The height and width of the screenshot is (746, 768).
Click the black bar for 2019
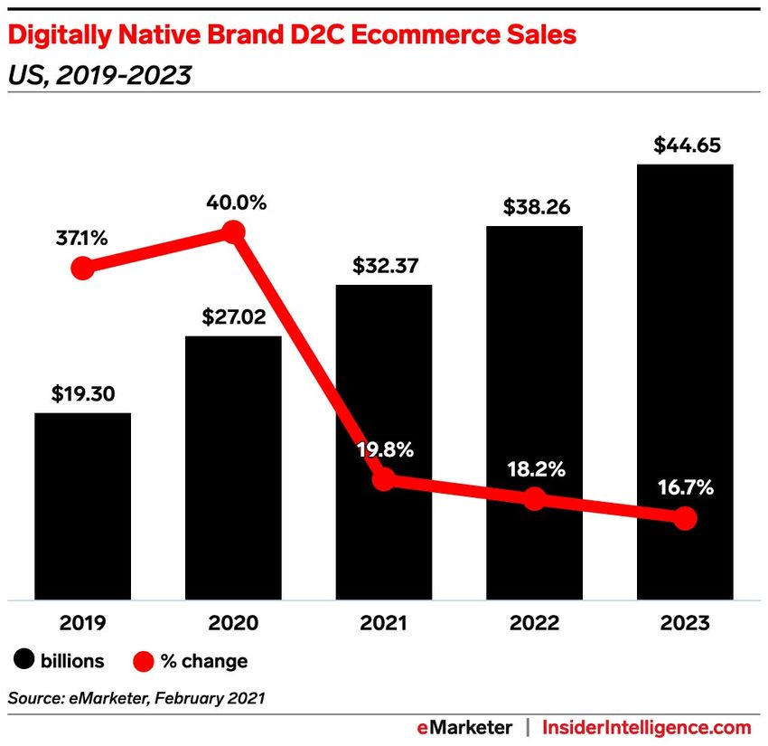(x=82, y=505)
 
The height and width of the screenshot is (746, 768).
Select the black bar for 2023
(x=684, y=380)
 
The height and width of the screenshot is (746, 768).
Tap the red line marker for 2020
(x=233, y=232)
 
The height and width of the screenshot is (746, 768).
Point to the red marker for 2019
(x=82, y=269)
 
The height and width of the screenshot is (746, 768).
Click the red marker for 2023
(x=685, y=518)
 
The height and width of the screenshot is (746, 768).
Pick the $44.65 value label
(x=684, y=146)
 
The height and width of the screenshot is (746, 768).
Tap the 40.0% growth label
(x=233, y=203)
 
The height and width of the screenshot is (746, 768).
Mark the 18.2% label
(x=534, y=469)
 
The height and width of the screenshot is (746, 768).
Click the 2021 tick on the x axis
(x=383, y=623)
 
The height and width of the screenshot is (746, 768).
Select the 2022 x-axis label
(x=534, y=623)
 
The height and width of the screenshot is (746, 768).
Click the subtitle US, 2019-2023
(x=99, y=76)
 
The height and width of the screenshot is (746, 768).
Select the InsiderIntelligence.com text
(x=646, y=727)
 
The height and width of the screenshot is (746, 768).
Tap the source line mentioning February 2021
(x=136, y=697)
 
